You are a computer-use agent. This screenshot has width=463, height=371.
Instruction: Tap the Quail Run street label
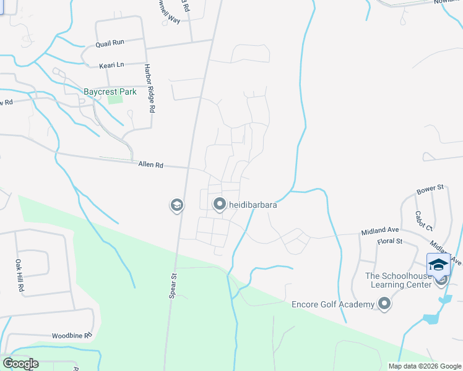[x=110, y=43]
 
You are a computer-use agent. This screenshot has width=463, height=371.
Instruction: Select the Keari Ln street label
[x=111, y=64]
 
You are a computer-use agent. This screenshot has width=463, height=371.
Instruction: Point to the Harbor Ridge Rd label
[x=149, y=88]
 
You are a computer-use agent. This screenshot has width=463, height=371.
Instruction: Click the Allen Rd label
[x=150, y=165]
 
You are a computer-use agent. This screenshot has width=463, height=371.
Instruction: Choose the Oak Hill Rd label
[x=19, y=276]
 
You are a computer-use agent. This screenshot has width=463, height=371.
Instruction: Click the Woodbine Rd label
[x=72, y=335]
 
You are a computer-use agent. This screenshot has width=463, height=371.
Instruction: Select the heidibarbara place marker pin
[x=219, y=204]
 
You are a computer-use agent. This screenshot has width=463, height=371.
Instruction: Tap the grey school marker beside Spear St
[x=177, y=205]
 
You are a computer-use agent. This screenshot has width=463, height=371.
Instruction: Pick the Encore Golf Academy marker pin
[x=384, y=304]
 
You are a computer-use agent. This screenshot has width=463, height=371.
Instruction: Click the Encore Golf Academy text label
[x=333, y=304]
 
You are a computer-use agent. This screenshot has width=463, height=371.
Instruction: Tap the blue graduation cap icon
[x=438, y=264]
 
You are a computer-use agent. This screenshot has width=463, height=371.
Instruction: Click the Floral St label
[x=390, y=241]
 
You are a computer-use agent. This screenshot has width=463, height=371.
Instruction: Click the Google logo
[x=21, y=364]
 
